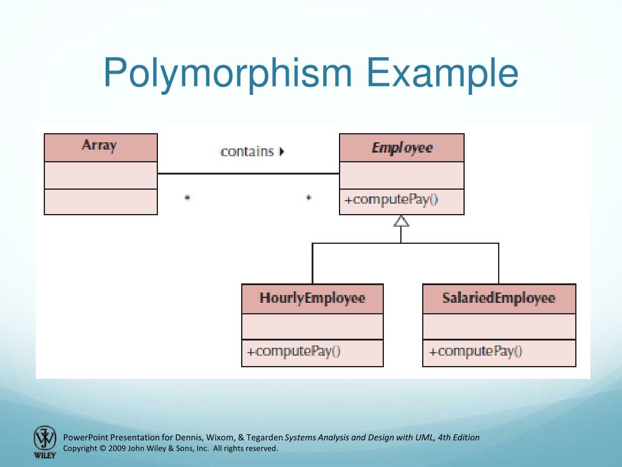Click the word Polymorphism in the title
(x=228, y=73)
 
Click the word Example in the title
(x=442, y=73)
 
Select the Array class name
(x=99, y=145)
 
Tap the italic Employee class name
(x=402, y=148)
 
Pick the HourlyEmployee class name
(x=312, y=298)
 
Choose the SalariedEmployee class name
(x=499, y=298)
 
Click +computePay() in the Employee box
(x=391, y=199)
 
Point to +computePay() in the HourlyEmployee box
(x=294, y=351)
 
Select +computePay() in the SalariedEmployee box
(x=476, y=351)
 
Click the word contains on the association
(x=247, y=151)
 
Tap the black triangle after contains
(x=281, y=151)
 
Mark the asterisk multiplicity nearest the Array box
(x=187, y=198)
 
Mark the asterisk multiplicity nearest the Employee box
(x=309, y=198)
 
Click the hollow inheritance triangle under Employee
(x=401, y=221)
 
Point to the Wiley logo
(x=44, y=441)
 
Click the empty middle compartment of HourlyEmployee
(x=312, y=327)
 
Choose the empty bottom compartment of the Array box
(x=101, y=202)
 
